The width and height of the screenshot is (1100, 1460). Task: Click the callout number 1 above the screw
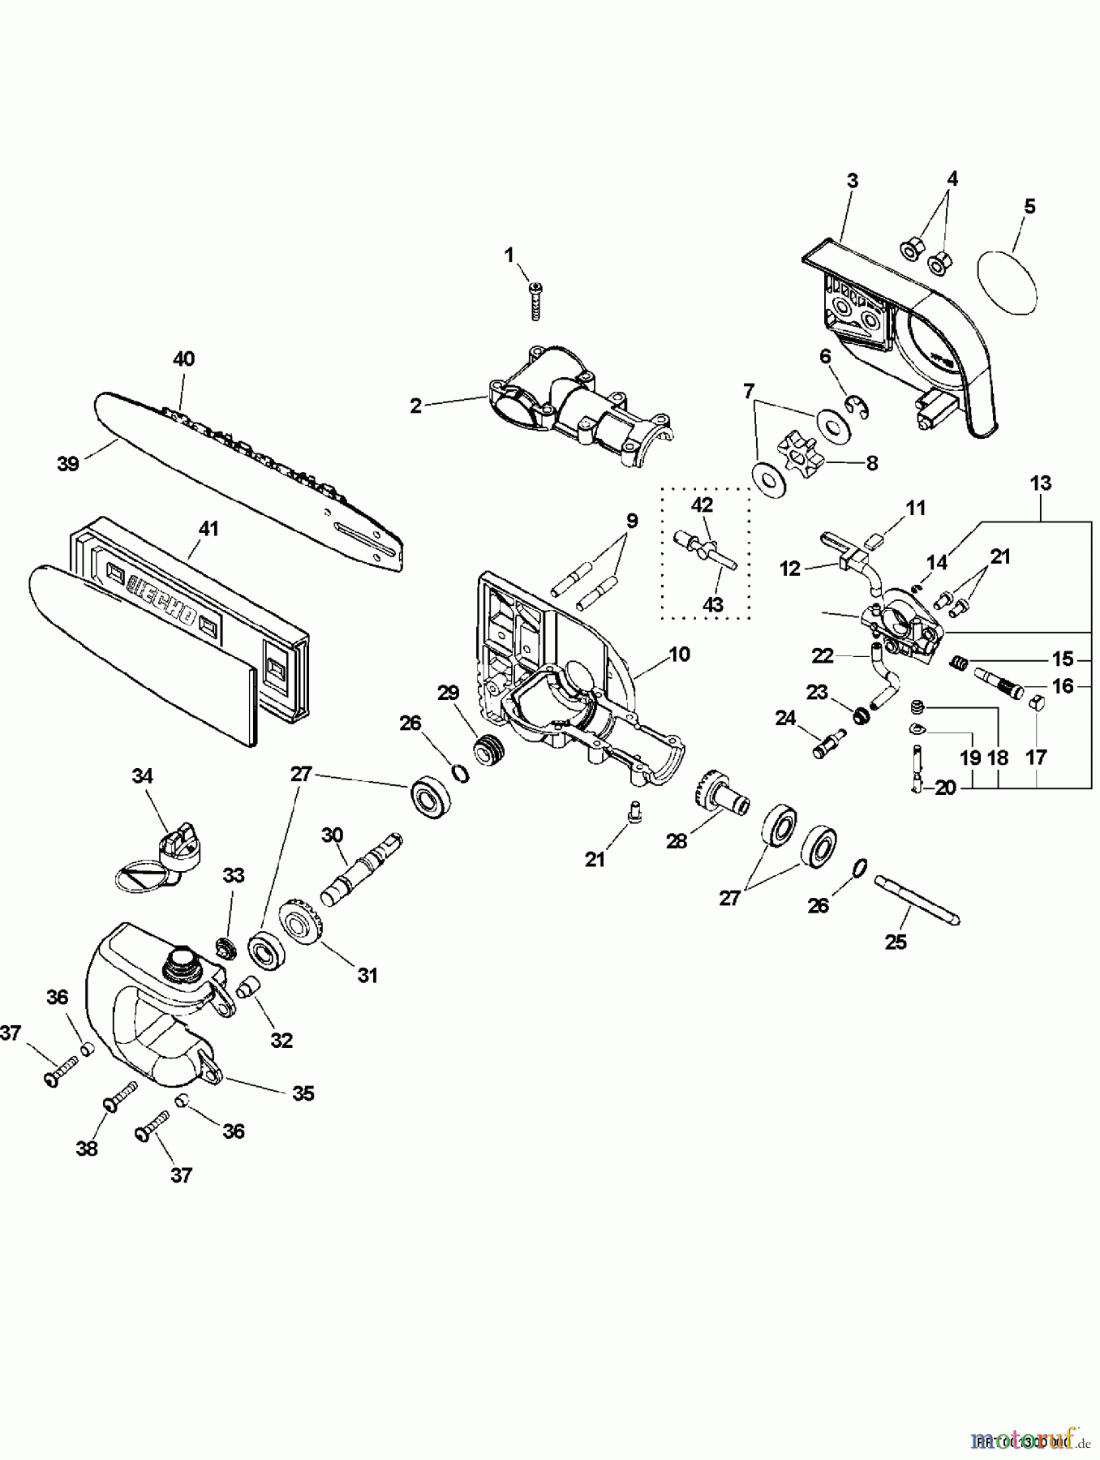[509, 256]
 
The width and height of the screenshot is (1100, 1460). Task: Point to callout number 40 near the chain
[183, 359]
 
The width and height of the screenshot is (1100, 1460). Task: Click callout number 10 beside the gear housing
[679, 654]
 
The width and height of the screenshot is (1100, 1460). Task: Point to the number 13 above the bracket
[1040, 483]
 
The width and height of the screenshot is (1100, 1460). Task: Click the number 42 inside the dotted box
[702, 505]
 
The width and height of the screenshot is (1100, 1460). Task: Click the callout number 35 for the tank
[303, 1093]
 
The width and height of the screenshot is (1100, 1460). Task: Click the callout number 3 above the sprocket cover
[852, 180]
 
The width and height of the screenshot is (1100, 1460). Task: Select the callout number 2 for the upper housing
[415, 406]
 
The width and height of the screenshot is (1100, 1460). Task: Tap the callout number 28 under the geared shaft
[676, 841]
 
